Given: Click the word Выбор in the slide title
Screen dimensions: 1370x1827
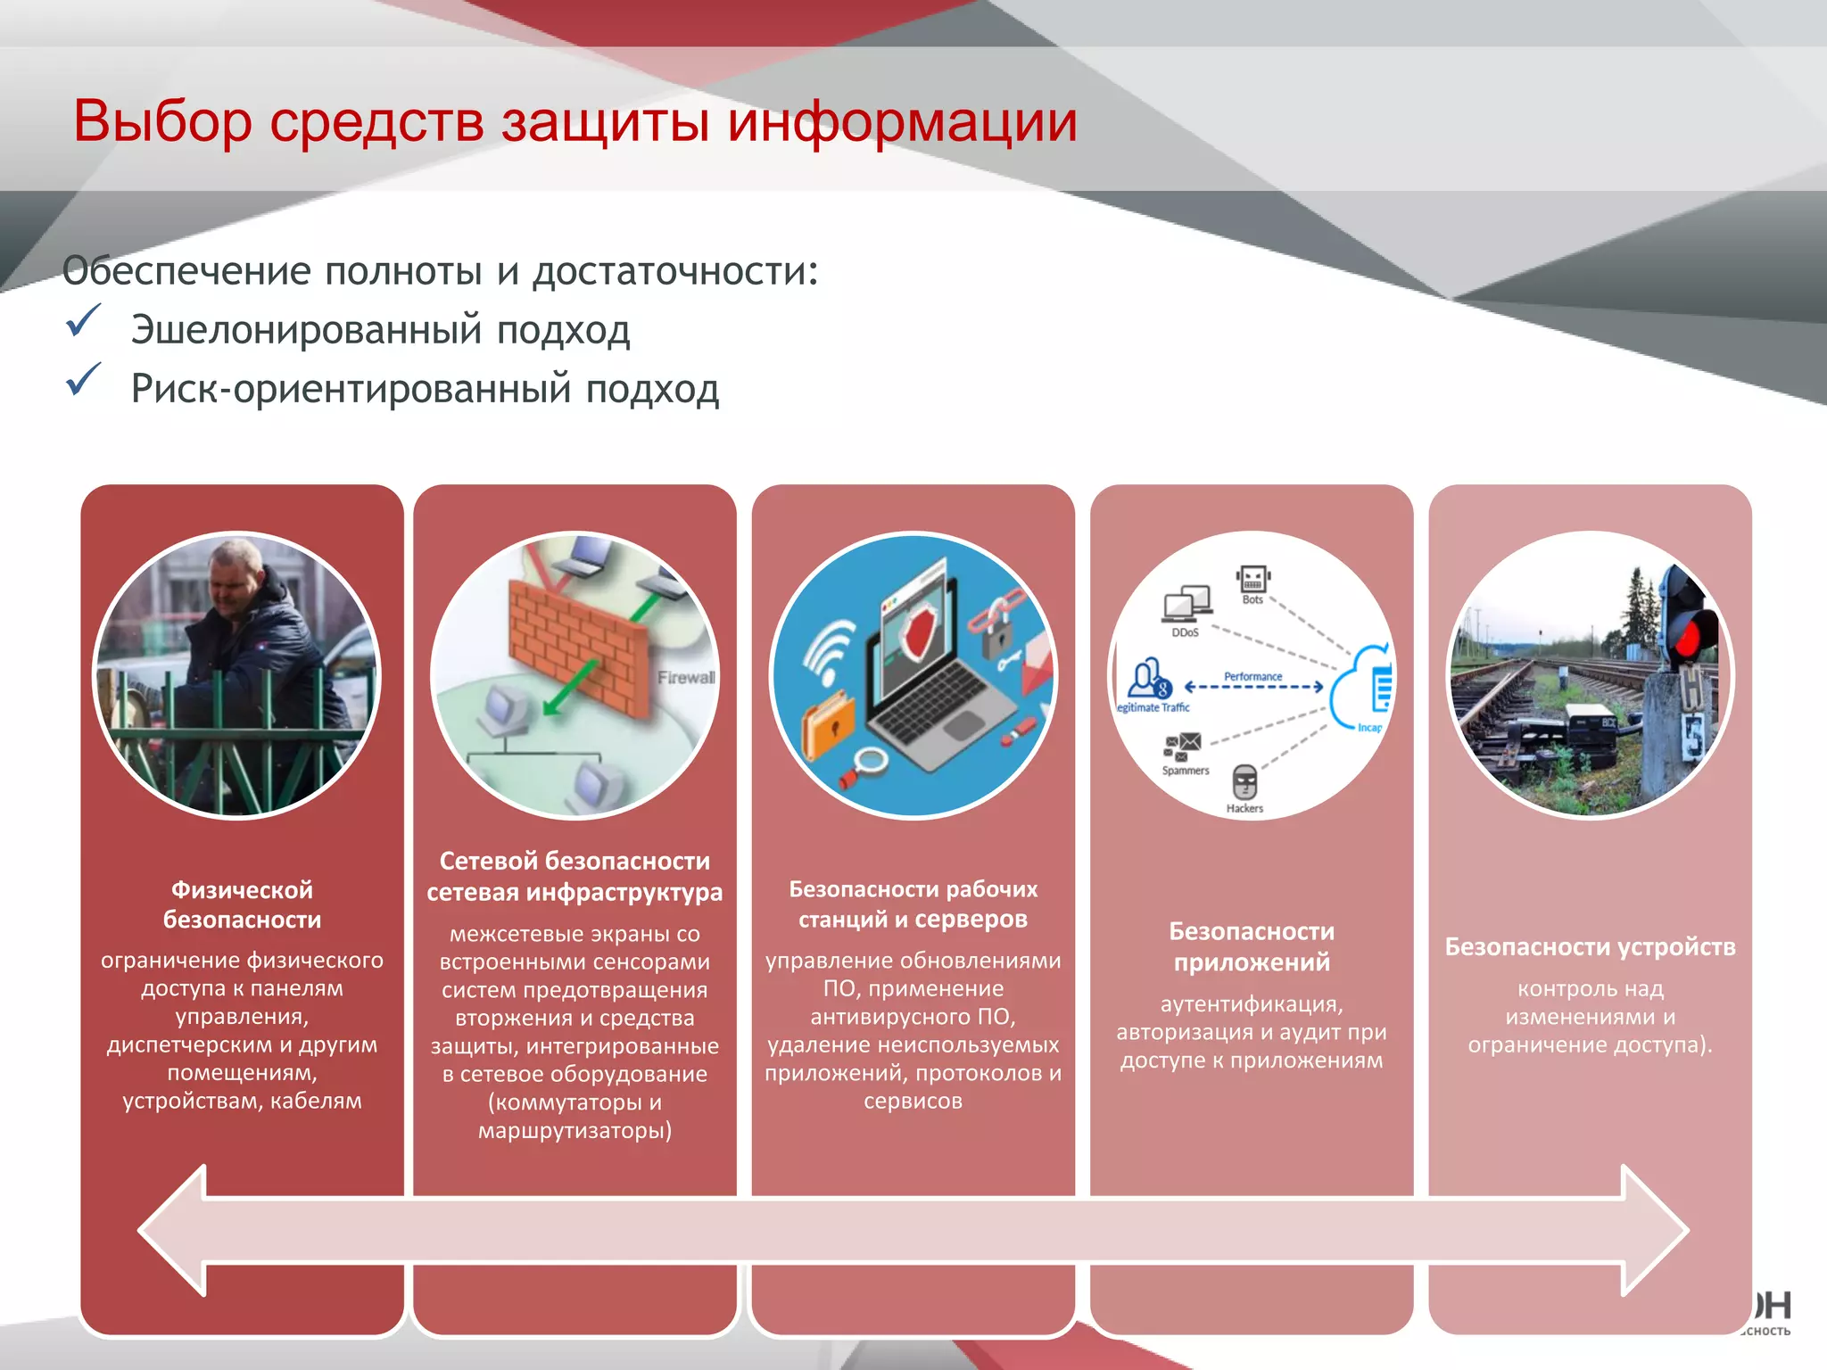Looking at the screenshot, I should (162, 122).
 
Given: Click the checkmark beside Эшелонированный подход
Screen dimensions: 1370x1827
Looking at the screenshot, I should (83, 321).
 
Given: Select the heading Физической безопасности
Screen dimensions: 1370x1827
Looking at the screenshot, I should (242, 904).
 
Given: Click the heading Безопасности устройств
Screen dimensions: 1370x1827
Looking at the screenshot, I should (1590, 946).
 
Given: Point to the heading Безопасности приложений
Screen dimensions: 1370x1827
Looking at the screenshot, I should (1252, 946).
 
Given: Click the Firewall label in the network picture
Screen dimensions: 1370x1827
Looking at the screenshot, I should (686, 678).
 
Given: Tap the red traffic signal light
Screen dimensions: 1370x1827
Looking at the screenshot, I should (1689, 637).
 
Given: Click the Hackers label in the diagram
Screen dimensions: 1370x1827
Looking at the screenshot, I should (1244, 809).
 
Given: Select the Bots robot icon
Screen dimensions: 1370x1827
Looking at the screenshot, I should (1252, 579).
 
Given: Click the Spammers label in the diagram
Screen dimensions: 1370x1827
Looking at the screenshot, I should (1186, 771).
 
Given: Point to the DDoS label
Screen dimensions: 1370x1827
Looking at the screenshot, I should (1185, 632).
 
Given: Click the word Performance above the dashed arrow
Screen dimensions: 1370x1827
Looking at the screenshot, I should (1252, 677).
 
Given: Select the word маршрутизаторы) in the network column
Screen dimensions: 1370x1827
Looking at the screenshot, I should (575, 1131).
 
